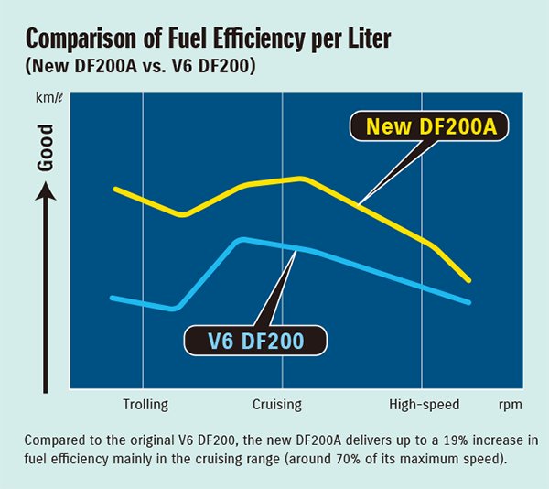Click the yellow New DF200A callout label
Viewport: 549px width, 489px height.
point(430,126)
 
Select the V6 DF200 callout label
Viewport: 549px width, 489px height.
point(255,342)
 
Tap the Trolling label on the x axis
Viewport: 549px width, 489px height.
point(145,403)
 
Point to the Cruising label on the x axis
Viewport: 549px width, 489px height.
point(276,403)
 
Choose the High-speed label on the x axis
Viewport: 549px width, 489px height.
point(424,403)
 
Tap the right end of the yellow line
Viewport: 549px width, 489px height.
point(468,279)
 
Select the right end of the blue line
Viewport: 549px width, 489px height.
point(468,301)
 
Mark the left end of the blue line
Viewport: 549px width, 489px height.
point(111,298)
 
